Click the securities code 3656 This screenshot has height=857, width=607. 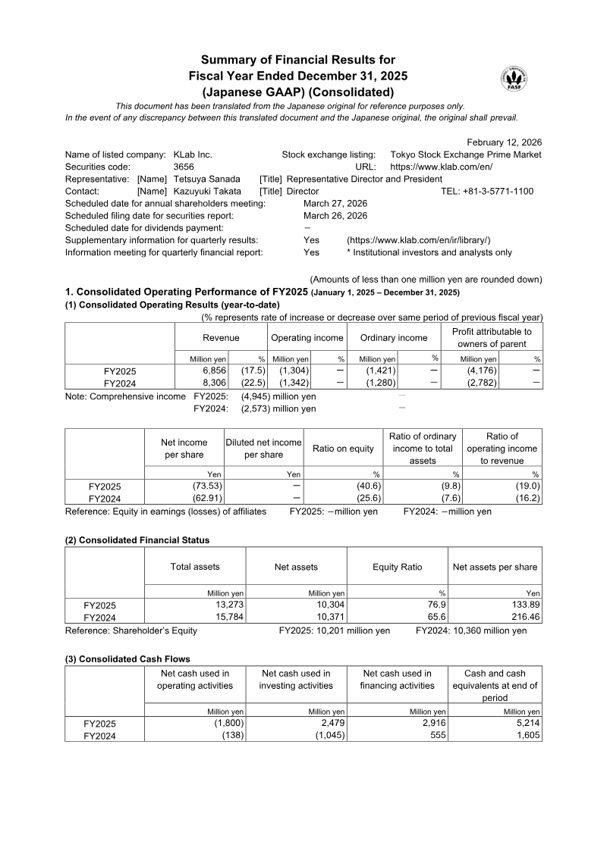[184, 167]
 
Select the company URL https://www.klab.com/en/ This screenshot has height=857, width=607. [442, 167]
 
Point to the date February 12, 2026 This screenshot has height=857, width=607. [504, 142]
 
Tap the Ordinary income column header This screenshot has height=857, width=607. [394, 338]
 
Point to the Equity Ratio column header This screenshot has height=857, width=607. [397, 567]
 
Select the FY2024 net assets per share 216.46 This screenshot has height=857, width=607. [523, 617]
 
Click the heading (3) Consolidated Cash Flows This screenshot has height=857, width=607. [127, 659]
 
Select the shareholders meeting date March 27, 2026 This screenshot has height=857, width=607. [335, 203]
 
